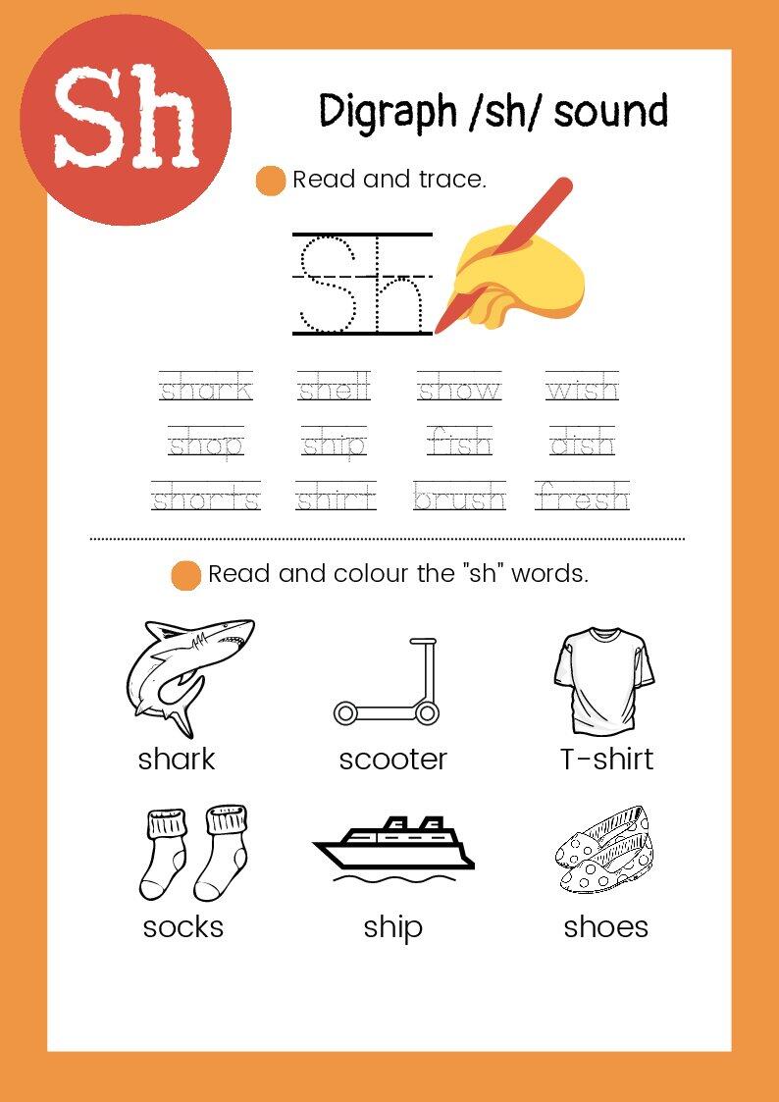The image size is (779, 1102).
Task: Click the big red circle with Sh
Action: click(x=125, y=120)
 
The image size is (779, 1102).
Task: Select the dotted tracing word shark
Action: click(x=206, y=388)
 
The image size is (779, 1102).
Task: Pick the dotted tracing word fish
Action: click(x=459, y=442)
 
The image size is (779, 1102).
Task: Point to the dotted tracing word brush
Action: click(x=459, y=497)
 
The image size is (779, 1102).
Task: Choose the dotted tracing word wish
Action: click(x=582, y=388)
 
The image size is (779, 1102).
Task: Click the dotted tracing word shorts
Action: click(x=206, y=497)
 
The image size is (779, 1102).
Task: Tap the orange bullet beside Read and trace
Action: click(x=271, y=180)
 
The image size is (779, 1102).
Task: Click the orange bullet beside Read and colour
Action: click(x=186, y=575)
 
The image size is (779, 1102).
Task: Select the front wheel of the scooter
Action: click(x=426, y=714)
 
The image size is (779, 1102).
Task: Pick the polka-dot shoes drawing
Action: click(x=604, y=850)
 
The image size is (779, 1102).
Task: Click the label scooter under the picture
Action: click(x=392, y=759)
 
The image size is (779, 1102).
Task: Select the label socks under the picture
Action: click(x=182, y=927)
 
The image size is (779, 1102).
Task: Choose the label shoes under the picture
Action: click(x=605, y=927)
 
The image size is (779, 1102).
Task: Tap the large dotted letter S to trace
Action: click(x=329, y=284)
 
